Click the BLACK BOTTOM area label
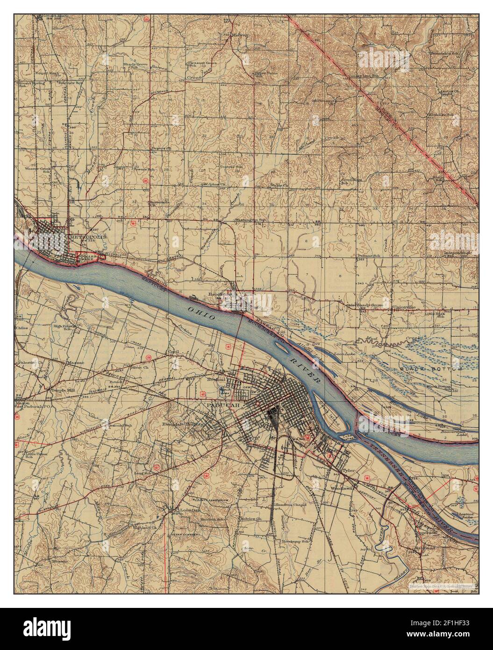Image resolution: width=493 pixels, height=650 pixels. pos(430,369)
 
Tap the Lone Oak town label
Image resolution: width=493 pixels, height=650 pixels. pos(180,510)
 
